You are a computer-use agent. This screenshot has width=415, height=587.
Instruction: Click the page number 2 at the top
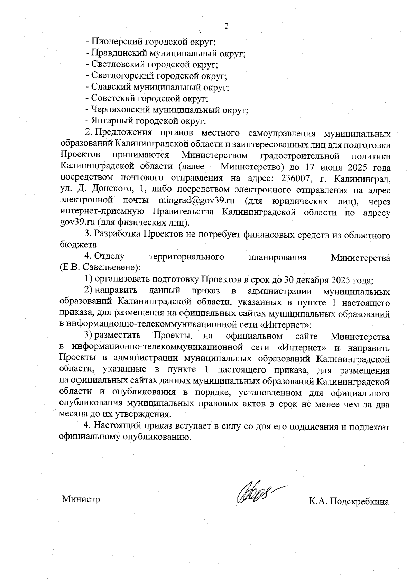click(227, 26)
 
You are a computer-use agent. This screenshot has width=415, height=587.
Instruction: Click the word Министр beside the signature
click(81, 499)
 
